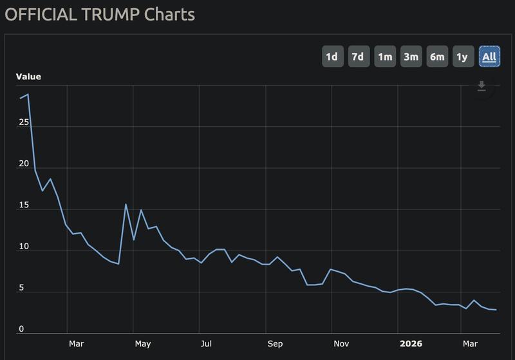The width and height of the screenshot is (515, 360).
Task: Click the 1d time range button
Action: pos(332,57)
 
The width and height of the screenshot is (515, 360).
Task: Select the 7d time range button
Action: pos(357,57)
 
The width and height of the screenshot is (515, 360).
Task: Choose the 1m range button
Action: pos(385,57)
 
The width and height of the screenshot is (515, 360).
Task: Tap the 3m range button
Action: pos(411,57)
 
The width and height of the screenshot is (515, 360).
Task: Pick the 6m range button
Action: pos(437,57)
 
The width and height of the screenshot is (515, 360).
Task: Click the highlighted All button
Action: pos(489,57)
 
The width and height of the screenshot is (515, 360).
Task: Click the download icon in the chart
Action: pos(482,86)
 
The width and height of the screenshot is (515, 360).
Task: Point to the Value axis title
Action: pos(28,77)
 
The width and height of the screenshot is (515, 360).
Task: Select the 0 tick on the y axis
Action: pos(21,329)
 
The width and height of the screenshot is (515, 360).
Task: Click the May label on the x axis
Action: pos(143,343)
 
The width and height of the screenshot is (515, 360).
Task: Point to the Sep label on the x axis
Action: pos(275,343)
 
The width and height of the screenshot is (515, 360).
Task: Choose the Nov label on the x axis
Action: pos(341,343)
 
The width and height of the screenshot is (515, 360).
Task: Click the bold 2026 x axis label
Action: pos(411,343)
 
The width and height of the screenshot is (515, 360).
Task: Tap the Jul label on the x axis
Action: pos(206,343)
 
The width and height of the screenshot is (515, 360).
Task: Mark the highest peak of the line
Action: pos(28,94)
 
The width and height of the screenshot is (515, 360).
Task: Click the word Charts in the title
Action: pos(169,14)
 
